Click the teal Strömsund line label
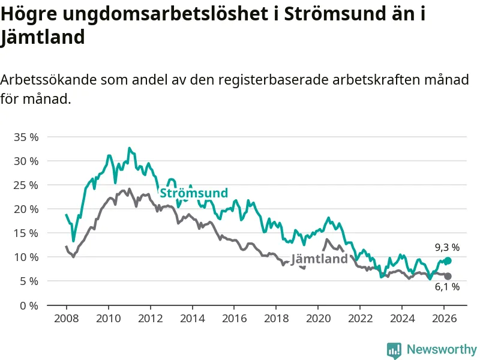[193, 193]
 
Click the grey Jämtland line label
[319, 259]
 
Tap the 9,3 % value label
[447, 247]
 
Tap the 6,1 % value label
[447, 287]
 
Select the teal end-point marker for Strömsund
[448, 261]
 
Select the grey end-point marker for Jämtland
[448, 276]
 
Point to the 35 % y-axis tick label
[26, 137]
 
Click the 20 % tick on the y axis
[26, 209]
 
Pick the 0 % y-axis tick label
[28, 305]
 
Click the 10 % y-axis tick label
[26, 257]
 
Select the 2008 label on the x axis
[66, 318]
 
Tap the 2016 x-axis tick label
[234, 318]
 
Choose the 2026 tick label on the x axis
[443, 318]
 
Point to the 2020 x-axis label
[318, 318]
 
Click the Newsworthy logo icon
[394, 349]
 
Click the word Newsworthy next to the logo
[442, 349]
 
